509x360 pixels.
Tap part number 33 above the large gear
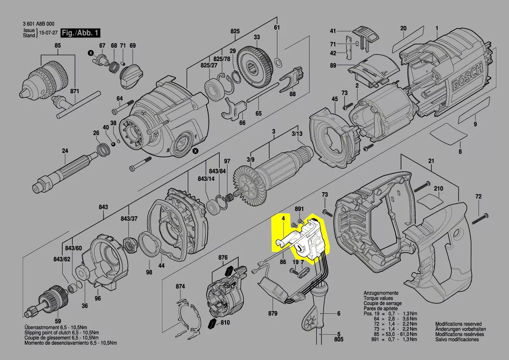pyautogui.click(x=257, y=37)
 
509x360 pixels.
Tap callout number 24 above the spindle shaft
pyautogui.click(x=65, y=151)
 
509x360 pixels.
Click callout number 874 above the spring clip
pyautogui.click(x=180, y=286)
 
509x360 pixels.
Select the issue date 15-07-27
pyautogui.click(x=48, y=33)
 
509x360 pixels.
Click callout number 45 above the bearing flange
pyautogui.click(x=334, y=99)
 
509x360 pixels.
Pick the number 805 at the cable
pyautogui.click(x=339, y=339)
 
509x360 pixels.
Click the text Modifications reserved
pyautogui.click(x=458, y=324)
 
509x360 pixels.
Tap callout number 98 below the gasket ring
pyautogui.click(x=149, y=272)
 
